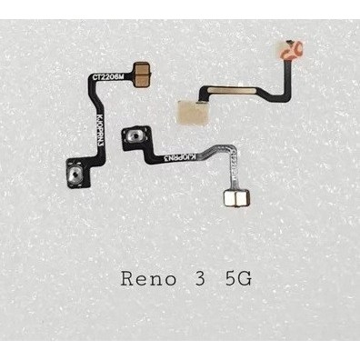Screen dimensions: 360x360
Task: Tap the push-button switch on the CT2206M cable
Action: (75, 171)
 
